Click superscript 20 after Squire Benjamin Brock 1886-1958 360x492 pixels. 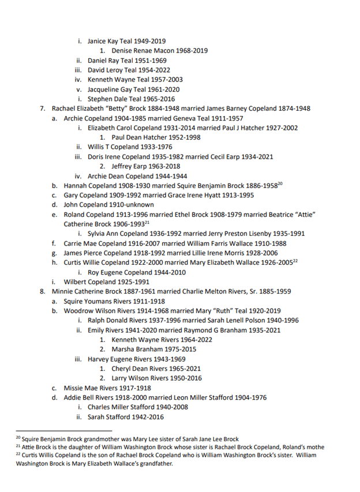280,183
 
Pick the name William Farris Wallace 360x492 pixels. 220,243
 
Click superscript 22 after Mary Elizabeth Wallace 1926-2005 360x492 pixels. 295,260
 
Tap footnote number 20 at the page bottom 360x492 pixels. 18,438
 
